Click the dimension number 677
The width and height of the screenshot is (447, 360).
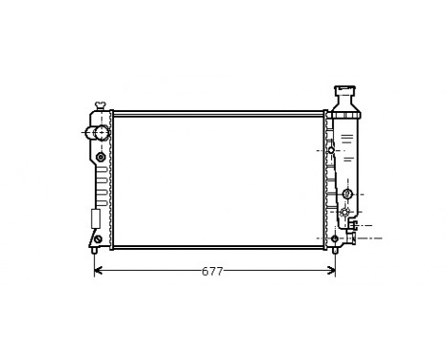pos(212,272)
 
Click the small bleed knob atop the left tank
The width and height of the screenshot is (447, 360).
pos(100,104)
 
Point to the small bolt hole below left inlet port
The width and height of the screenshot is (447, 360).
pos(101,156)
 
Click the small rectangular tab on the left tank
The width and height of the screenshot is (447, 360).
pos(95,217)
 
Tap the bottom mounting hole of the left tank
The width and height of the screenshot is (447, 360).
pos(97,238)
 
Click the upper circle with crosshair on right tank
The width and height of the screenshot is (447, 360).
pos(332,150)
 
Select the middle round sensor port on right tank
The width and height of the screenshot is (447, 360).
pos(347,194)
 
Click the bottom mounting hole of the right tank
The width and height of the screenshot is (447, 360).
pos(334,237)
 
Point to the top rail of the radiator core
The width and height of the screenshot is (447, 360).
pos(219,113)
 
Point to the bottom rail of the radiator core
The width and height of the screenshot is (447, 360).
pos(219,247)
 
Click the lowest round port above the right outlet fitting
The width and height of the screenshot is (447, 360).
pos(346,212)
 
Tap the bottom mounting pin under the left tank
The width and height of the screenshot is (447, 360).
pos(94,251)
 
